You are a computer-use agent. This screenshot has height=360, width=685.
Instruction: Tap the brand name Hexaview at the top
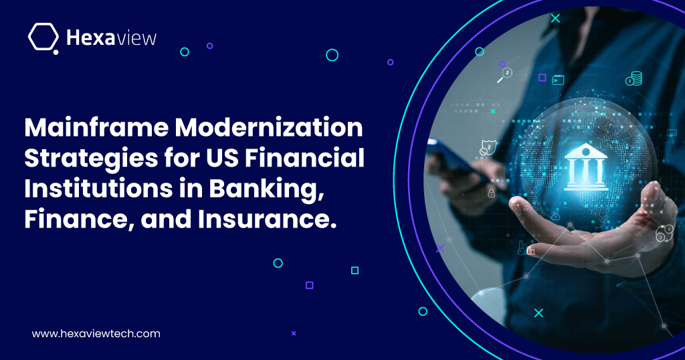[112, 37]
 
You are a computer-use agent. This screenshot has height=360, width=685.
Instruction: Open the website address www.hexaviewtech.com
[96, 333]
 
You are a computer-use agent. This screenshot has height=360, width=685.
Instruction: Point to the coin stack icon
[633, 79]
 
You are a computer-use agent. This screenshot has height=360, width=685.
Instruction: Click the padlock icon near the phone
[491, 193]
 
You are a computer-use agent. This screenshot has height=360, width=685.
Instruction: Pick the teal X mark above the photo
[555, 18]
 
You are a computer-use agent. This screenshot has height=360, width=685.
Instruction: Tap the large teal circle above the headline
[332, 55]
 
